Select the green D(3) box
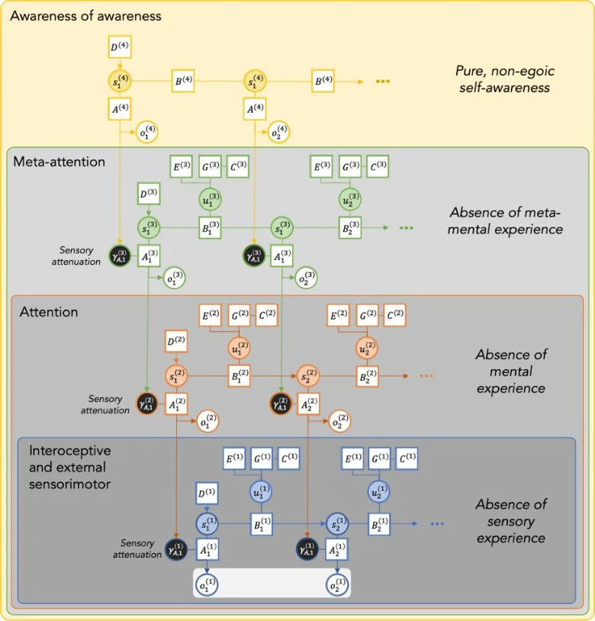(148, 195)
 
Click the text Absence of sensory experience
(510, 521)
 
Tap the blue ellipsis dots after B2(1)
(437, 524)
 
